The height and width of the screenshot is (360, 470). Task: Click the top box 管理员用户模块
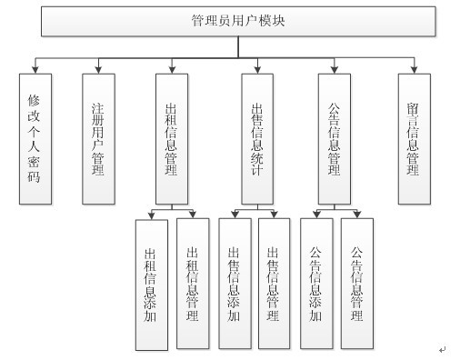click(x=239, y=20)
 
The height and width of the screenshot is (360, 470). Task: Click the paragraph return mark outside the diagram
click(x=443, y=348)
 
